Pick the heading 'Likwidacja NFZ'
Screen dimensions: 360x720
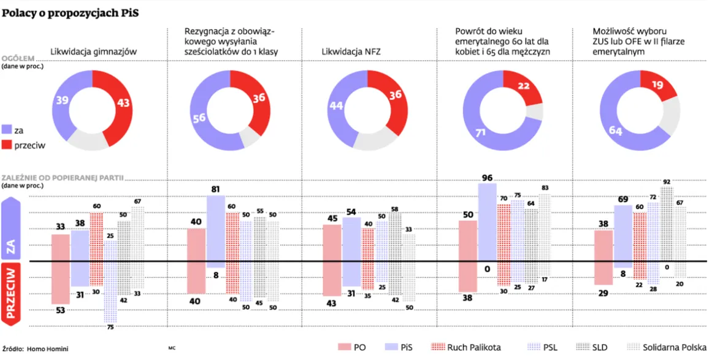351,52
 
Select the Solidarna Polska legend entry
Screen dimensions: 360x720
666,347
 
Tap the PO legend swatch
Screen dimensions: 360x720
344,347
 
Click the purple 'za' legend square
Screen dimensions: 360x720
7,130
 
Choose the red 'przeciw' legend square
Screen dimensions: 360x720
7,145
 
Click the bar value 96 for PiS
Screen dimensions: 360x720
488,178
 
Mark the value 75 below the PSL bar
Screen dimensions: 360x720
110,327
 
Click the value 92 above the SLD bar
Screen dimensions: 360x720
667,182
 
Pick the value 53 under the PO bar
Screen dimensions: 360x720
60,310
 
